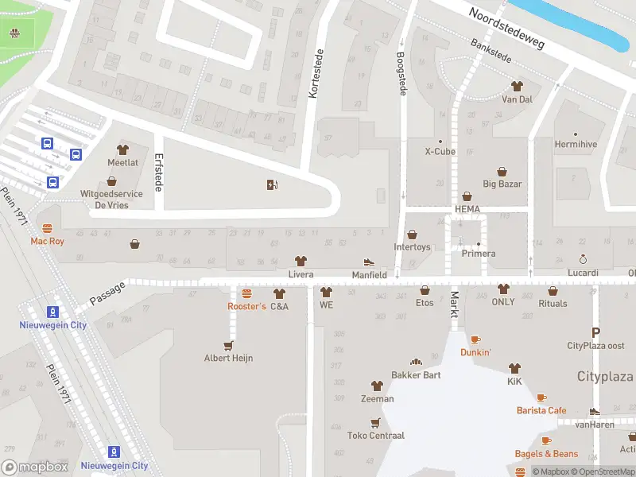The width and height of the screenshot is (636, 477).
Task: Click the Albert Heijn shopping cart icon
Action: pyautogui.click(x=229, y=346)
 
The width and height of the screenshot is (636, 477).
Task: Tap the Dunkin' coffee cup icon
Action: pyautogui.click(x=475, y=340)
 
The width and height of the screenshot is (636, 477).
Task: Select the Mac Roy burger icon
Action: pyautogui.click(x=47, y=229)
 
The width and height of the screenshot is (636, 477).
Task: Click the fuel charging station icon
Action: pyautogui.click(x=273, y=185)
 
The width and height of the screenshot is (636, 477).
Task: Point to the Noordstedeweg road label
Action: pyautogui.click(x=506, y=29)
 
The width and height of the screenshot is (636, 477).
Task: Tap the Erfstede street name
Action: pyautogui.click(x=158, y=172)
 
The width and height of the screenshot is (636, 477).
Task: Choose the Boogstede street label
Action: pyautogui.click(x=401, y=74)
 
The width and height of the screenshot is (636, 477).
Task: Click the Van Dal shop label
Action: pyautogui.click(x=517, y=99)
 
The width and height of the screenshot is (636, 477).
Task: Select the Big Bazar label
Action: pyautogui.click(x=502, y=184)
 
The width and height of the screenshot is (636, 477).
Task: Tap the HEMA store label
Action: pyautogui.click(x=467, y=209)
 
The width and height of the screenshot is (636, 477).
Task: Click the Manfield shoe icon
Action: pyautogui.click(x=369, y=262)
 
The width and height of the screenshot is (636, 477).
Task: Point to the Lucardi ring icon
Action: pyautogui.click(x=583, y=260)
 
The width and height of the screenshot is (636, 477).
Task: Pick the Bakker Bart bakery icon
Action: pyautogui.click(x=415, y=363)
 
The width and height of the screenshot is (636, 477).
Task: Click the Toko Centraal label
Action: pyautogui.click(x=376, y=436)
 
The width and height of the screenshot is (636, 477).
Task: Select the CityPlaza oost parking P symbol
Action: pyautogui.click(x=595, y=332)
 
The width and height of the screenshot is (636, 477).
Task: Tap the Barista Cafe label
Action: pyautogui.click(x=541, y=410)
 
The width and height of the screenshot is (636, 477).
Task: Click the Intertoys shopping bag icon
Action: pyautogui.click(x=412, y=235)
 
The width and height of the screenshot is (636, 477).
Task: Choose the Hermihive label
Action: pyautogui.click(x=576, y=144)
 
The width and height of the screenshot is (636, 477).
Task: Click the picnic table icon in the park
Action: pyautogui.click(x=14, y=33)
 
